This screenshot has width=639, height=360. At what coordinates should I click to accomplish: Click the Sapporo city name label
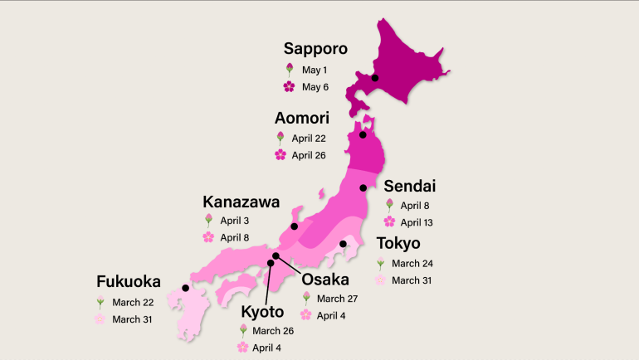point(316,49)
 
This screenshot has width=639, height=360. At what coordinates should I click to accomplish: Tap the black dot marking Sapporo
point(375,78)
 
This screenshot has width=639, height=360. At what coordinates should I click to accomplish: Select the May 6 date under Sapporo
point(315,86)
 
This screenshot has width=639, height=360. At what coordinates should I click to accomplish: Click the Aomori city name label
point(302,119)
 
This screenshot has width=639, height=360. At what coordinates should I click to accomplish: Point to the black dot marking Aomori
point(363,134)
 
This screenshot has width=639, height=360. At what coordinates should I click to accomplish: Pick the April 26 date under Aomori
point(309,154)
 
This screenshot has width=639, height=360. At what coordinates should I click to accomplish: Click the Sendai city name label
point(409,187)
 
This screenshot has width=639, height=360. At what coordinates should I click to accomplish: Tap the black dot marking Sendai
point(363,188)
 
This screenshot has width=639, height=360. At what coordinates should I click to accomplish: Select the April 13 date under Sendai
point(417,222)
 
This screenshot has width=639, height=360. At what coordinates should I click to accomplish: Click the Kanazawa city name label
point(241,202)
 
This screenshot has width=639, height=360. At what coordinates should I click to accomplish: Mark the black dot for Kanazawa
point(294,226)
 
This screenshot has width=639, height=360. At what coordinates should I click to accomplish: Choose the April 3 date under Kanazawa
point(234,221)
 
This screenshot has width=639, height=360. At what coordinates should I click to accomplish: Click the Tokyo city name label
point(398,243)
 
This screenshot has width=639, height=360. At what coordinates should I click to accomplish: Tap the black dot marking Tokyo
point(343,244)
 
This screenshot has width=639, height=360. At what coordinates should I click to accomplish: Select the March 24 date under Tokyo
point(411,264)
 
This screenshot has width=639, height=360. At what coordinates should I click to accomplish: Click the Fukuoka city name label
point(128,282)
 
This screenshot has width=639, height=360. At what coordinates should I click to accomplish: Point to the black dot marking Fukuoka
point(184,289)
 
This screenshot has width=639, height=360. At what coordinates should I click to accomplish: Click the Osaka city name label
point(324,279)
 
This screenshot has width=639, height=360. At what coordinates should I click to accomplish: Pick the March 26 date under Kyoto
point(273,331)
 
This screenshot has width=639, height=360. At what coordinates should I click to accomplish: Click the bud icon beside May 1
point(289,70)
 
